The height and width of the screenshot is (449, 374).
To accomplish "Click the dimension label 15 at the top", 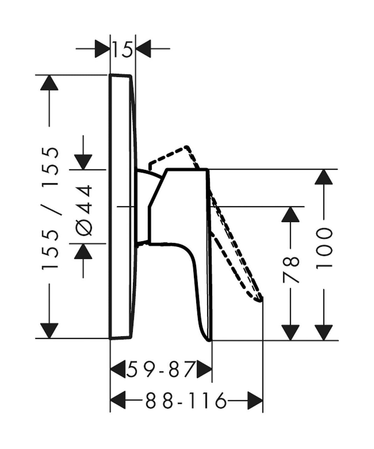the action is (x=122, y=50).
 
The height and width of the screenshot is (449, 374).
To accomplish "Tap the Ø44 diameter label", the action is (x=84, y=210).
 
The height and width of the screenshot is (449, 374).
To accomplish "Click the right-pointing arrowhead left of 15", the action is (x=102, y=49).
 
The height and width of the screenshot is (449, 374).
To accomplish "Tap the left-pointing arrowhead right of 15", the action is (x=144, y=49).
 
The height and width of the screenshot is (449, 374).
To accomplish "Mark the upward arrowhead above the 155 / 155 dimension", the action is (x=49, y=83).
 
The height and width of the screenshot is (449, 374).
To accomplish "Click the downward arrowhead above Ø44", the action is (x=83, y=162).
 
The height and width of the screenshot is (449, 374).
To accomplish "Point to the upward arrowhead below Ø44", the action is (x=83, y=252).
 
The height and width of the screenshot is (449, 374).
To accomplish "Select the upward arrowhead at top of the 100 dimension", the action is (x=324, y=177).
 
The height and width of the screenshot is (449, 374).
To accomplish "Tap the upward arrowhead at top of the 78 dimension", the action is (x=291, y=214).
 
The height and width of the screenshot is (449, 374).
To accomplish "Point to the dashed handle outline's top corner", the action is (x=186, y=147).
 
